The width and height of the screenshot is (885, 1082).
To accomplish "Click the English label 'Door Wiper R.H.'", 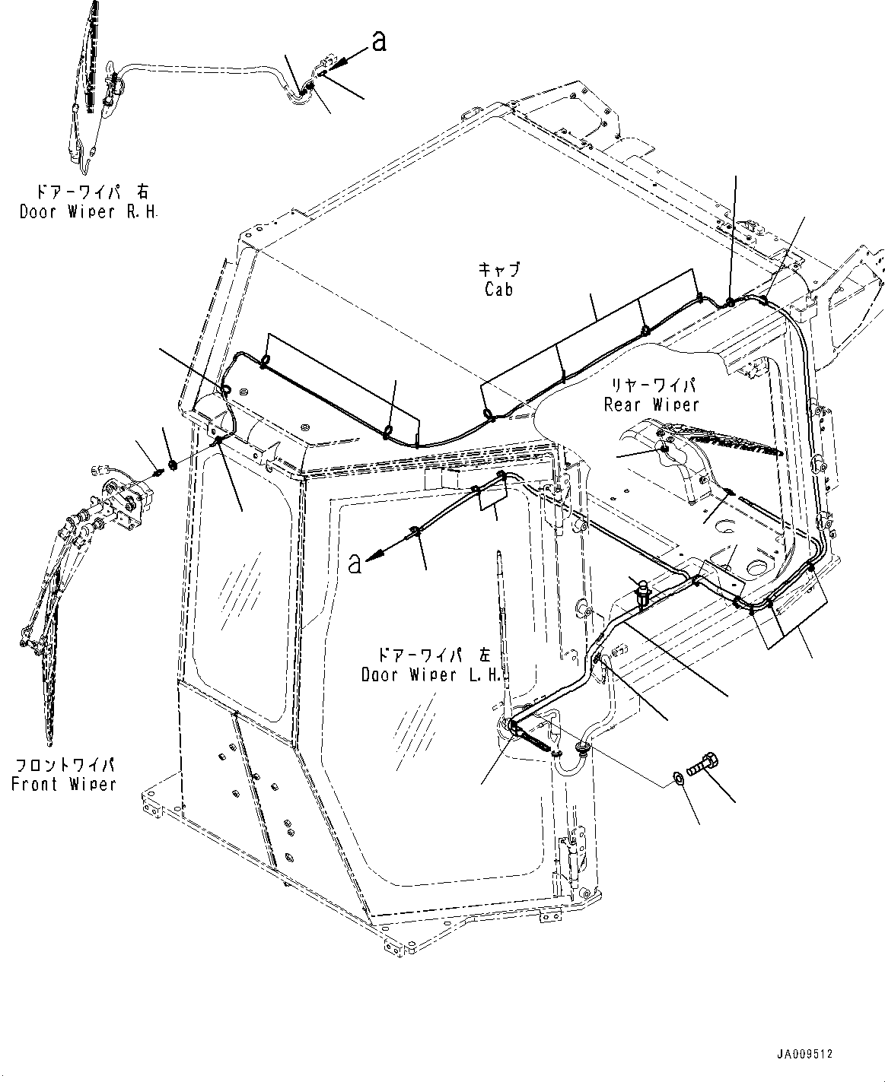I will (x=88, y=212).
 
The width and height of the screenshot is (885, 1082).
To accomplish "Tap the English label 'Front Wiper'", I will (x=64, y=784).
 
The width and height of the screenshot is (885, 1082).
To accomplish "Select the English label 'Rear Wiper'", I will (x=651, y=405).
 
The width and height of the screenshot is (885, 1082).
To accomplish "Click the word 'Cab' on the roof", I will (x=498, y=290).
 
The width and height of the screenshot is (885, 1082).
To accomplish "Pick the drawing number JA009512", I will (x=805, y=1055).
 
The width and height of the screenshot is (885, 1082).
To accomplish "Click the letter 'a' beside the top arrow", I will (x=378, y=42).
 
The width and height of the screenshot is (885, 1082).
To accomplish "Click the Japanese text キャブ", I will (x=498, y=269).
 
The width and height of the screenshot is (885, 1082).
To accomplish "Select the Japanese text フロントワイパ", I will (x=64, y=765).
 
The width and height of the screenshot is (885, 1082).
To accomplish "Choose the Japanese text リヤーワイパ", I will (x=651, y=386).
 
